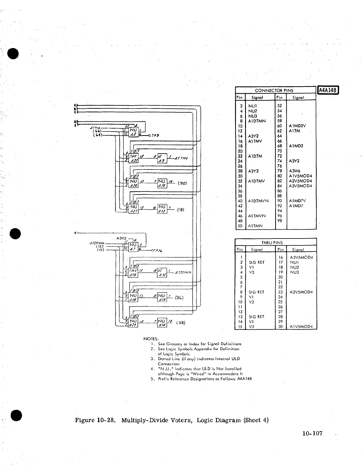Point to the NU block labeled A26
tap(162, 183)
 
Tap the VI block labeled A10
tap(162, 273)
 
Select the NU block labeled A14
tap(162, 323)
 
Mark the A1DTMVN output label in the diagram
tap(183, 272)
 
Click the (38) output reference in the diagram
tap(180, 323)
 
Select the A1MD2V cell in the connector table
tap(297, 126)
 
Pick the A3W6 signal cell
tap(295, 171)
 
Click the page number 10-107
tap(312, 433)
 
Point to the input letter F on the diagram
tap(76, 233)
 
